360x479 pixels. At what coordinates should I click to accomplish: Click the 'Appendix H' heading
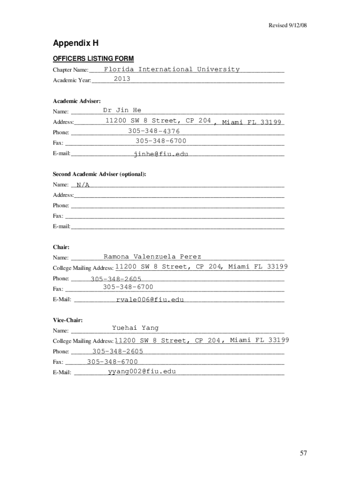click(x=75, y=44)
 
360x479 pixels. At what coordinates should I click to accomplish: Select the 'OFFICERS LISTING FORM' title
click(x=93, y=58)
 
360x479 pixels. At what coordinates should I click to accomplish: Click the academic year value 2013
click(x=122, y=79)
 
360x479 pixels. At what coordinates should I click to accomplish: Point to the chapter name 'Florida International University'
click(x=172, y=69)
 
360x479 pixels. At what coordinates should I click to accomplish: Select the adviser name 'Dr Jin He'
click(x=122, y=110)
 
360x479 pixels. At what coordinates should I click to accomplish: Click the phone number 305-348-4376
click(x=154, y=131)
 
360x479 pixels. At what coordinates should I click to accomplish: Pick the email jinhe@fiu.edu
click(x=161, y=153)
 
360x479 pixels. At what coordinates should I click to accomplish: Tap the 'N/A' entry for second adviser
click(x=83, y=185)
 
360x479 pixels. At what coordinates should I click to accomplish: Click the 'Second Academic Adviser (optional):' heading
click(x=99, y=174)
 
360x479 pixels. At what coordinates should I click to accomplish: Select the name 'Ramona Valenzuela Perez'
click(x=152, y=256)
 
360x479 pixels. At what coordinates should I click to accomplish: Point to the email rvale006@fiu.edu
click(x=150, y=299)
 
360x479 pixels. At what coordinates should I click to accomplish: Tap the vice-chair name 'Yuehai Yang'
click(x=136, y=328)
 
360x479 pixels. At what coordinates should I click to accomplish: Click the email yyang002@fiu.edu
click(x=142, y=371)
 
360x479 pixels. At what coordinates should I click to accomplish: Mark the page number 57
click(x=303, y=453)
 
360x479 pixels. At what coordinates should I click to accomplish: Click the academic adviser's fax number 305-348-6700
click(x=161, y=141)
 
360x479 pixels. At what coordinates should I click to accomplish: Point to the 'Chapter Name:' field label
click(x=71, y=70)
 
